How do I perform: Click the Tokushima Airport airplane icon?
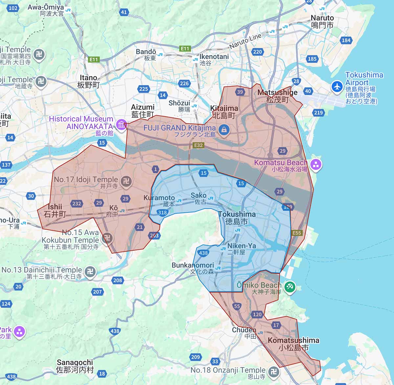coord(337,87)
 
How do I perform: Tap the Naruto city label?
coord(322,22)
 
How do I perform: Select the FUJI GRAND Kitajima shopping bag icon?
coord(224,129)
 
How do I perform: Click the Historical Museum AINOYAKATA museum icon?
coord(121,125)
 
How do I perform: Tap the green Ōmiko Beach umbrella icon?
coord(290,287)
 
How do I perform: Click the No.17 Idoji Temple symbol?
coord(126,181)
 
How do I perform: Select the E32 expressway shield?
coord(198,145)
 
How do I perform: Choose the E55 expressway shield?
coord(296,233)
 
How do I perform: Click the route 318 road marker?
coord(163,212)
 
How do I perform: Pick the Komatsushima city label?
coord(293,344)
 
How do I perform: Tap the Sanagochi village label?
coord(75,366)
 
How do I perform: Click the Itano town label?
coord(89,81)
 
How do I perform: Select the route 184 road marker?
coord(346,40)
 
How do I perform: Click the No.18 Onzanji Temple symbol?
coord(273,372)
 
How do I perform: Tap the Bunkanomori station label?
coord(193,268)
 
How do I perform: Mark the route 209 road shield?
coord(195,357)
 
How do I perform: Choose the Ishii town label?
coord(55,210)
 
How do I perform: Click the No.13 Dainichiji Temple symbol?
coord(90,271)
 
